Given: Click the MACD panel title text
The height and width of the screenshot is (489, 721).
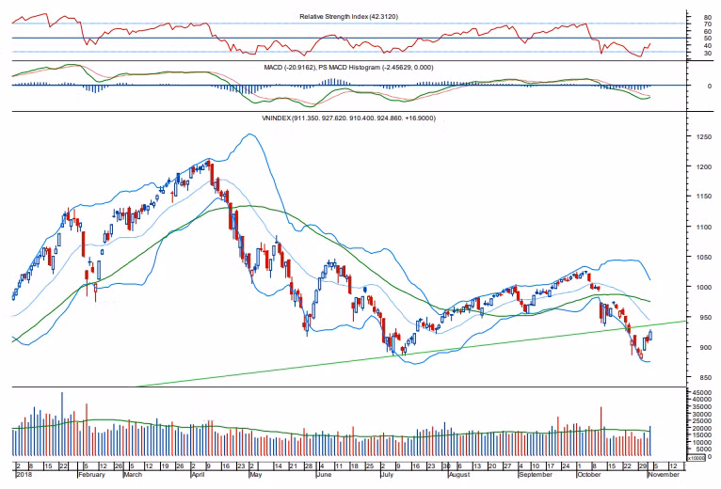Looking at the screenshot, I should [352, 68].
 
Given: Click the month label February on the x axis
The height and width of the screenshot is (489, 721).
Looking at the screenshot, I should [90, 476].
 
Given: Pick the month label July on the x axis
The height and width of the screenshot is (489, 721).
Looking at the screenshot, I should [387, 476].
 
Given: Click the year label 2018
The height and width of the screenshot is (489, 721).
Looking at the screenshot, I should [24, 476].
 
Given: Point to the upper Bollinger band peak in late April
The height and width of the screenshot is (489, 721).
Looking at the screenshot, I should [248, 135].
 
